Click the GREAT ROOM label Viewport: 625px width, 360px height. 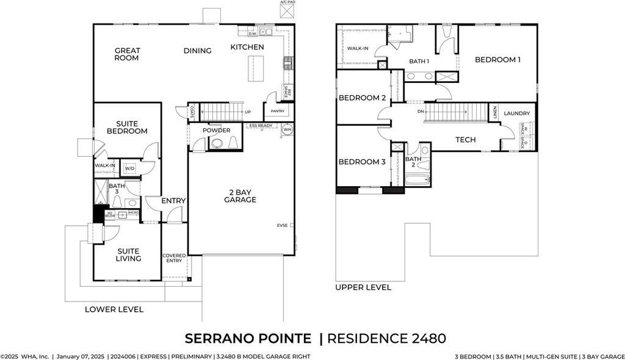click(126, 54)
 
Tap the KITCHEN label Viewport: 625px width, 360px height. click(247, 47)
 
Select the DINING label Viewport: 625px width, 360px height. click(197, 51)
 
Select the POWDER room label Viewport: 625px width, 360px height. click(216, 131)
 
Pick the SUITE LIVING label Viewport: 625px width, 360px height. click(128, 254)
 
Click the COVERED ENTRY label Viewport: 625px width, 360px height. click(174, 259)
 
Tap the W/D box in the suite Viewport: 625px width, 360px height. click(129, 169)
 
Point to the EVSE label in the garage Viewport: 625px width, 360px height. click(283, 225)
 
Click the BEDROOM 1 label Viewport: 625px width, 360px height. click(497, 60)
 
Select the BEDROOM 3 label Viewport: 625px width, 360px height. click(362, 162)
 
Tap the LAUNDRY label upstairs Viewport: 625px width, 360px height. click(516, 113)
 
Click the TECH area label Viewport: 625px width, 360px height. click(465, 140)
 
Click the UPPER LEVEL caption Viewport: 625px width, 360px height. click(363, 287)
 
